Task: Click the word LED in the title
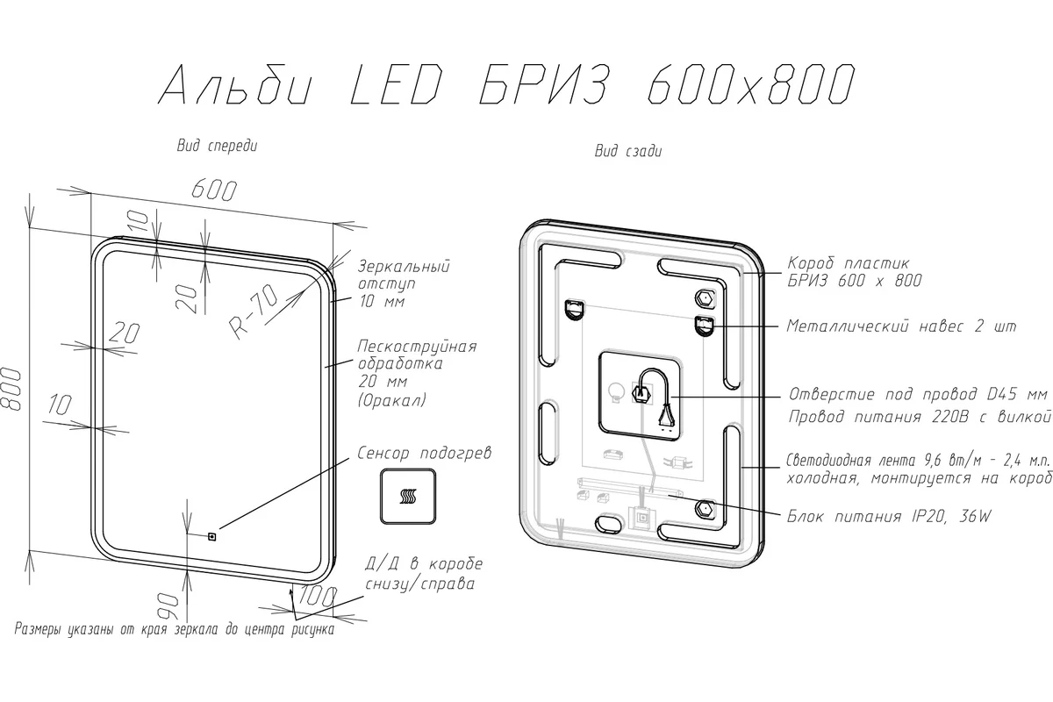coord(397,84)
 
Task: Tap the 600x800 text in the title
coord(751,84)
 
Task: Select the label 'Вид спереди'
coord(218,146)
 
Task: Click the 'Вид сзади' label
coord(628,151)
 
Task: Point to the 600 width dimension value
coord(214,190)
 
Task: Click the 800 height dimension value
coord(11,390)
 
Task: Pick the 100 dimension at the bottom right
coord(318,596)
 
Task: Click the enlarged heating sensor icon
coord(408,496)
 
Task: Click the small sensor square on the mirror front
coord(211,535)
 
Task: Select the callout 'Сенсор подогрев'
coord(424,453)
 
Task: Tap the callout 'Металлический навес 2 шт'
coord(902,326)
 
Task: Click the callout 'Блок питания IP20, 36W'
coord(889,517)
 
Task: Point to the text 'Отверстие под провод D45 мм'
coord(918,393)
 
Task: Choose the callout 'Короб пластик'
coord(849,263)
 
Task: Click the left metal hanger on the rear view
coord(574,310)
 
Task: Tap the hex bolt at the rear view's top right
coord(705,298)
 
